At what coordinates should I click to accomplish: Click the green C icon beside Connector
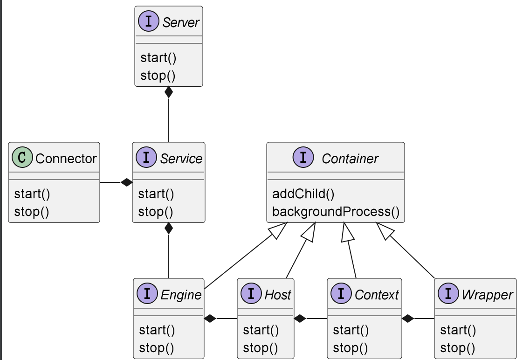[x=22, y=157]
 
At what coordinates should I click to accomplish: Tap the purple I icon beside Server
[x=148, y=21]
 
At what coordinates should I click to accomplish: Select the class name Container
[x=350, y=159]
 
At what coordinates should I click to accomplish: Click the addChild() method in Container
[x=303, y=194]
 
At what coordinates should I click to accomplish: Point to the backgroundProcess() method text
[x=336, y=212]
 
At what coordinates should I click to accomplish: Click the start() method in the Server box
[x=158, y=58]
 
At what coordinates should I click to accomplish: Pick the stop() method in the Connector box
[x=32, y=212]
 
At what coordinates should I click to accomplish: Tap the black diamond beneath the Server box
[x=169, y=92]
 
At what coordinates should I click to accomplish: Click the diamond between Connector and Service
[x=126, y=182]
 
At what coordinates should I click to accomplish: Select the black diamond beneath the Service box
[x=169, y=228]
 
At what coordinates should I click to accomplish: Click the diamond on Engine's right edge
[x=210, y=318]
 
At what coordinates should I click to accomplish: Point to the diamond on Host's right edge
[x=300, y=318]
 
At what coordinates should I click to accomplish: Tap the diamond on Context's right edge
[x=408, y=318]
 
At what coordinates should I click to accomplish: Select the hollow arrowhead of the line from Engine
[x=278, y=231]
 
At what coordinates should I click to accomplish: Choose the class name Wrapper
[x=487, y=295]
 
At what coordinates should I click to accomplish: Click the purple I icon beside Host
[x=251, y=293]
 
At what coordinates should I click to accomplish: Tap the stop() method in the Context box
[x=351, y=348]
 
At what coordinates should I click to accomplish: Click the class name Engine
[x=181, y=295]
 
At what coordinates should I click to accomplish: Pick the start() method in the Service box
[x=156, y=194]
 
